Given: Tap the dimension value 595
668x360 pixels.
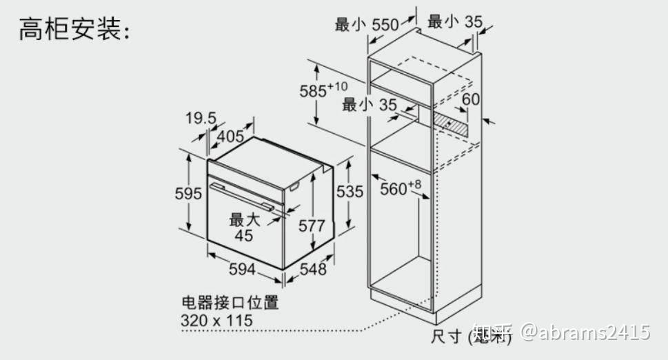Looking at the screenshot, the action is point(188,194).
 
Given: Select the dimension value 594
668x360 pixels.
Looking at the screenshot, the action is point(242,270).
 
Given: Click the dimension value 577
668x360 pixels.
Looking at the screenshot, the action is point(312,226).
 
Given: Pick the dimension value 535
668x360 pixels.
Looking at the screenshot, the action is point(349,191).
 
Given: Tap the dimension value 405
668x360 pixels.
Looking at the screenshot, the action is point(230,136).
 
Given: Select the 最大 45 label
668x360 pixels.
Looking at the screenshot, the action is point(244,228).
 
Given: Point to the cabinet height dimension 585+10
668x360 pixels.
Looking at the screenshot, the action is point(323,90).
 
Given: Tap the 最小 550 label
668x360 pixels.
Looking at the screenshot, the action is point(367,25).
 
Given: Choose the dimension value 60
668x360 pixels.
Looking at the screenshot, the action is point(471,99).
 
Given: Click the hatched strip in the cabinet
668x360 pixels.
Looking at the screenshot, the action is point(450,123).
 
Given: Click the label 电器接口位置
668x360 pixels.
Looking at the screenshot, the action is point(230,303).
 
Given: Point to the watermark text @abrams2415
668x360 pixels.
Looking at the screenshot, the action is point(585,332).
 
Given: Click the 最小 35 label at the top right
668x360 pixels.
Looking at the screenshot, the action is point(455,21).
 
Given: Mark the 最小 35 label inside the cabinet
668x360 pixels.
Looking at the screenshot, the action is point(370,105).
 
